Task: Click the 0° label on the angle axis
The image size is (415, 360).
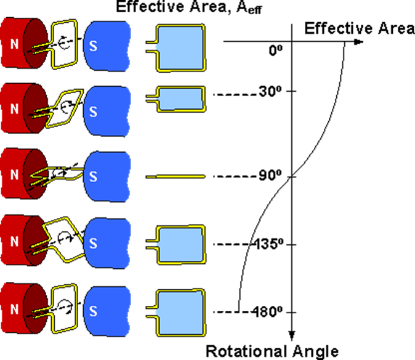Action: [x=275, y=52]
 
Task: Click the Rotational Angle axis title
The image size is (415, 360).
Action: [x=272, y=351]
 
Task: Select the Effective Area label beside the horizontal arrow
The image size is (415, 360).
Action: [x=359, y=28]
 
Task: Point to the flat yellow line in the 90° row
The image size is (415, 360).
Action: [x=175, y=177]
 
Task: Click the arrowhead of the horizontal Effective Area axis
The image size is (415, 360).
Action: [x=359, y=41]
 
